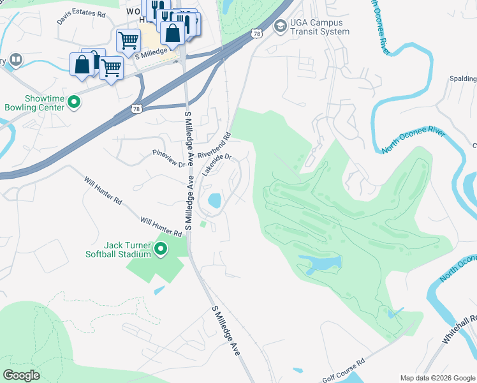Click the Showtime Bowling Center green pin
[74, 101]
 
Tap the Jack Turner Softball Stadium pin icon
[161, 249]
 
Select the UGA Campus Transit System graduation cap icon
[279, 26]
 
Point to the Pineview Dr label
[168, 159]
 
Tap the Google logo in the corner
[21, 375]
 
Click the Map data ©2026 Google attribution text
[437, 377]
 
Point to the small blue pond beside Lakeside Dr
[214, 201]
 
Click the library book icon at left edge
[16, 61]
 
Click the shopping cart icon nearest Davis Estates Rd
[128, 40]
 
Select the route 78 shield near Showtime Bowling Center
[136, 110]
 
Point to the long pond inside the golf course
[319, 264]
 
